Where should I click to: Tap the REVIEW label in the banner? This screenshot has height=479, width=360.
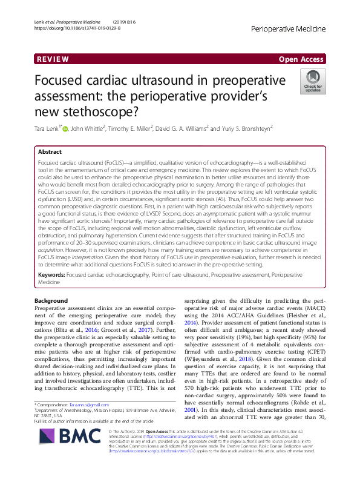pos(38,59)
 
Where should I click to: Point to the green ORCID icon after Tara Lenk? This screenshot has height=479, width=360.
pos(66,128)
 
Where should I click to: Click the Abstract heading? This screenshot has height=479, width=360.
pos(50,151)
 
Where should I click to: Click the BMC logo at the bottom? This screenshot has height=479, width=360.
pos(57,450)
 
